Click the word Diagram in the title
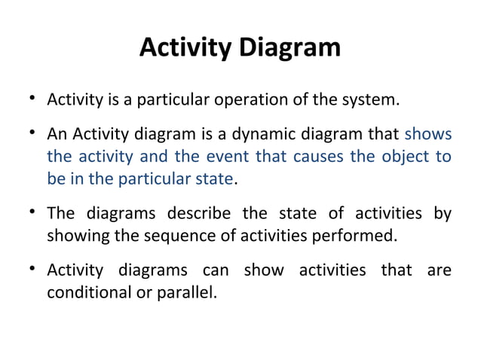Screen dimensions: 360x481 coord(290,48)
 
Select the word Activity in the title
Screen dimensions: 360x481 coord(186,48)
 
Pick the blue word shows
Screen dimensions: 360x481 coord(428,136)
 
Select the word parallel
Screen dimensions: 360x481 coord(188,291)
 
